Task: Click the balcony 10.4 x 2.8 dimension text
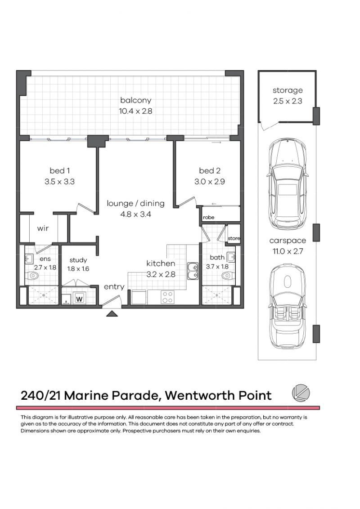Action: point(135,111)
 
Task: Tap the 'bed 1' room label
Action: point(60,170)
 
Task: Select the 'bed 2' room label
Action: point(210,170)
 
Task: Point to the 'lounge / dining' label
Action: point(135,204)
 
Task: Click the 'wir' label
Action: point(43,228)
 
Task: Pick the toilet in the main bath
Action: point(229,276)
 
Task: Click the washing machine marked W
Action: point(79,298)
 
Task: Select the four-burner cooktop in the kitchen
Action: point(168,297)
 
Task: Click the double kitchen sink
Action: point(193,271)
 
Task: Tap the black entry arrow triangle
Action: point(112,313)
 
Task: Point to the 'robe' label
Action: point(209,218)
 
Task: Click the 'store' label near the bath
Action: point(234,238)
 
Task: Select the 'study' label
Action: point(78,260)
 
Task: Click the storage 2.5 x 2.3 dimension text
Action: point(288,101)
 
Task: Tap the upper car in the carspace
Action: point(287,184)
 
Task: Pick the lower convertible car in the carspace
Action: point(287,307)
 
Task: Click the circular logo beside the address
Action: point(301,393)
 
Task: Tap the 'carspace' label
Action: point(288,241)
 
